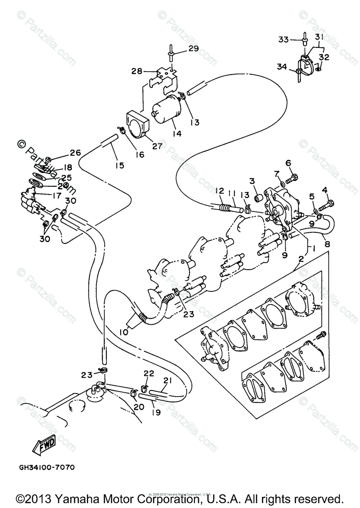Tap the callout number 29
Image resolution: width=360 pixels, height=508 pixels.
point(194,49)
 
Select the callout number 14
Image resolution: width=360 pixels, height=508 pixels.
point(177,133)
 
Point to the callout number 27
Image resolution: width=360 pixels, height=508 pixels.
point(145,146)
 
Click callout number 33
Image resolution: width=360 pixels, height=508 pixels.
point(283,39)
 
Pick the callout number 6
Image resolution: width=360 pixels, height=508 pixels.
point(288,163)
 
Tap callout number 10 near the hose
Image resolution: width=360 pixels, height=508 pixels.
point(123,332)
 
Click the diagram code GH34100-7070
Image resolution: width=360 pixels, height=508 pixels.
point(47,468)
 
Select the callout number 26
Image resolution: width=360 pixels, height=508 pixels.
point(75,152)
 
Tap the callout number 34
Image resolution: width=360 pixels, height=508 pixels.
point(282,66)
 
